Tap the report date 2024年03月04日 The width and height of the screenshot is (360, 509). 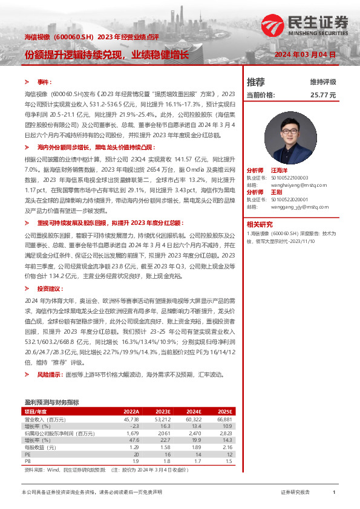(305, 54)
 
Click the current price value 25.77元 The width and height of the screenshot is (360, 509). (322, 95)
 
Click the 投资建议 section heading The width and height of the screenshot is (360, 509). (50, 289)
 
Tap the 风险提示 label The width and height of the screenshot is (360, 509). (49, 375)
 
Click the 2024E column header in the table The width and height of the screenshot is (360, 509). (193, 411)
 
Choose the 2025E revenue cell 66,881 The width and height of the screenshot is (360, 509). (224, 419)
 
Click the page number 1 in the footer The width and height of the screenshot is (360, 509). (334, 493)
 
